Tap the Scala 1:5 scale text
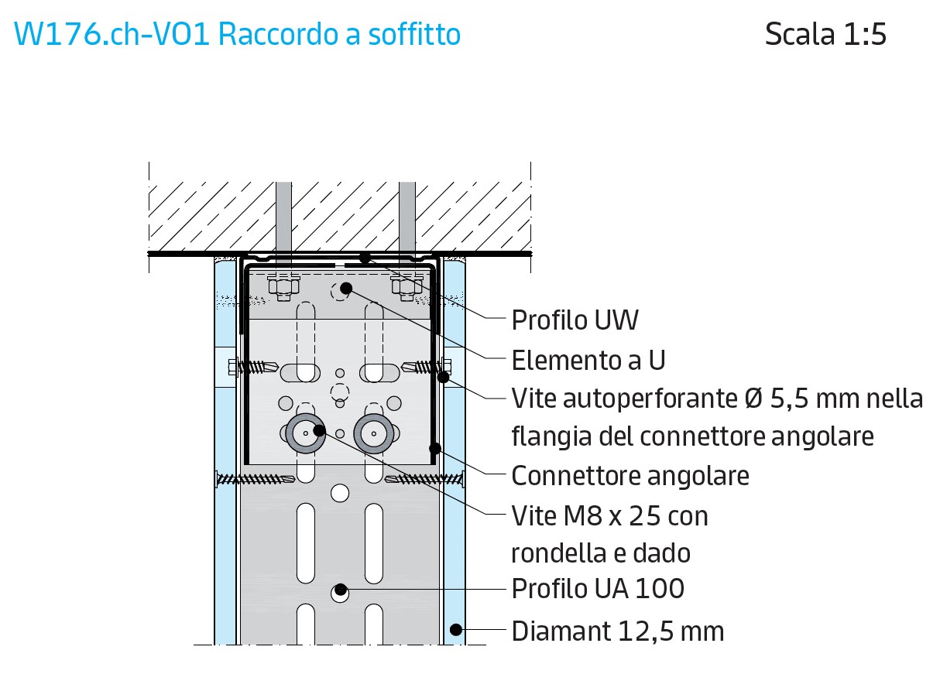(825, 35)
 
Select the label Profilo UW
(575, 320)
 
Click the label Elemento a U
(588, 360)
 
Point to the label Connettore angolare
(630, 475)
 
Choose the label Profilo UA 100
(598, 589)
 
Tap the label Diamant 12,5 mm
(618, 631)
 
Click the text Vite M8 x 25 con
(609, 515)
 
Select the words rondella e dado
(601, 553)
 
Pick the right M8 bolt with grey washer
(372, 433)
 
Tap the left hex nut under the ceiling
(283, 287)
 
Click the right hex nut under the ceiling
(407, 287)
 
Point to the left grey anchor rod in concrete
(283, 217)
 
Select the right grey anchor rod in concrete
(407, 217)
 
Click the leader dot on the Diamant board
(456, 629)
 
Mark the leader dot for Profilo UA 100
(339, 589)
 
